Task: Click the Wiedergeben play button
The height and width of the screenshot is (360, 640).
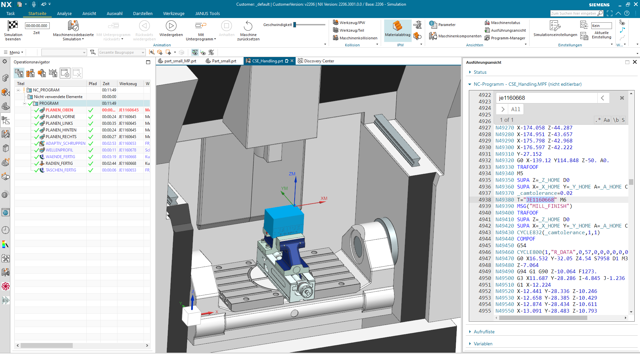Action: click(171, 26)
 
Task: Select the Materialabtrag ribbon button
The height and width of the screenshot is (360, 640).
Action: click(397, 30)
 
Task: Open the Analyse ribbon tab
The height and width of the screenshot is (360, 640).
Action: click(64, 14)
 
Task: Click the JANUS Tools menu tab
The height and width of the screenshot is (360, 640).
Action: click(208, 14)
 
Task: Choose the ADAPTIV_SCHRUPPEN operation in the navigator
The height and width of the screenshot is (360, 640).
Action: click(65, 143)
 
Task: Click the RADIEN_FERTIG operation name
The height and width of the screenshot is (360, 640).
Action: click(59, 163)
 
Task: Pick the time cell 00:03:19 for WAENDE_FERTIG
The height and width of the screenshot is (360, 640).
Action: click(109, 157)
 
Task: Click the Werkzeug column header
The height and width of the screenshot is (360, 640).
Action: click(128, 84)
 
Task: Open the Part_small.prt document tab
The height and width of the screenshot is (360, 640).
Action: click(224, 61)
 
